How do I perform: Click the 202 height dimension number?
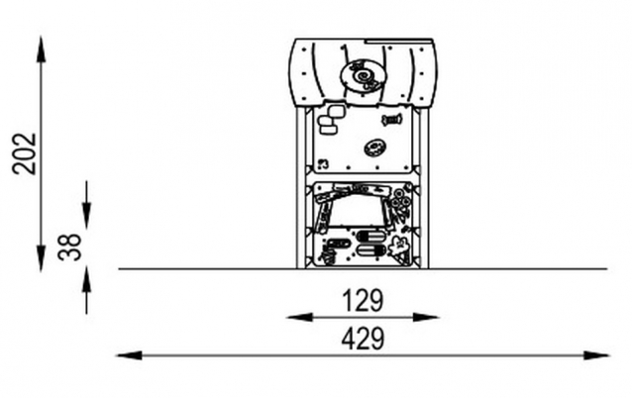(x=25, y=153)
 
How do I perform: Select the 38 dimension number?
(x=69, y=247)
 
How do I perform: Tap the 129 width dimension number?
(x=363, y=301)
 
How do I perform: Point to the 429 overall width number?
(x=363, y=340)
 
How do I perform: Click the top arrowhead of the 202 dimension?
(x=41, y=50)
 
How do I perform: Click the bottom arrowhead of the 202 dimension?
(x=41, y=258)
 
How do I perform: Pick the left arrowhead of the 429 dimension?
(x=129, y=355)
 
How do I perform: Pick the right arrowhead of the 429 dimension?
(x=596, y=355)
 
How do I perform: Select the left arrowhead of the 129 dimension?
(x=299, y=318)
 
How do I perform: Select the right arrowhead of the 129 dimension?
(x=426, y=318)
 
